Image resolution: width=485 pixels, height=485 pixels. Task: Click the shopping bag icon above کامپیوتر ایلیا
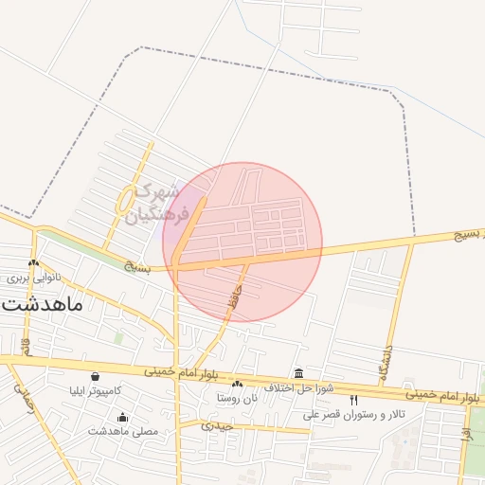click(95, 376)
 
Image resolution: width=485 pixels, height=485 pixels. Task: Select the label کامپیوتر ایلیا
click(95, 390)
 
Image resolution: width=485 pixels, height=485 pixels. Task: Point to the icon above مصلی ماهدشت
click(122, 418)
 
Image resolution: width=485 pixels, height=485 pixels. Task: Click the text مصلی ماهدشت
click(123, 431)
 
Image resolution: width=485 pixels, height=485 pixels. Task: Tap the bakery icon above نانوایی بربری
click(34, 264)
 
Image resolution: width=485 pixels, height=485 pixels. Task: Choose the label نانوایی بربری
click(34, 278)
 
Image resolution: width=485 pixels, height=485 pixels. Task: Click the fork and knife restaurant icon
click(354, 401)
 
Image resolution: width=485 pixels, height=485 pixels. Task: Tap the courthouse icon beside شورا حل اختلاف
click(299, 373)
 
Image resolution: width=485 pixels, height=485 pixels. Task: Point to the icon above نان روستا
click(237, 385)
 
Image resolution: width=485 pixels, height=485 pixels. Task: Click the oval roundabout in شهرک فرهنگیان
click(125, 200)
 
